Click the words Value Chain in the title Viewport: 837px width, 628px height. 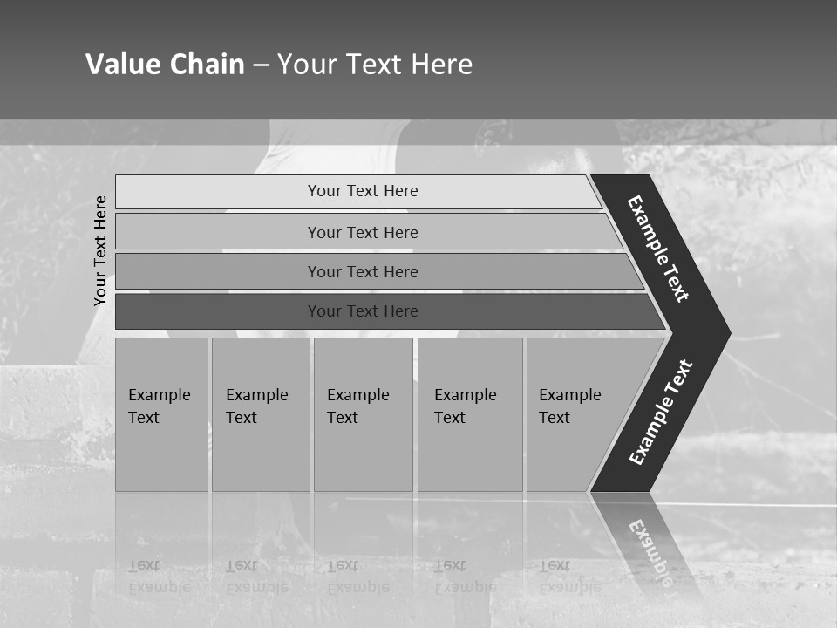point(165,65)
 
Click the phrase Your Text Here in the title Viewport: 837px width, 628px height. point(375,65)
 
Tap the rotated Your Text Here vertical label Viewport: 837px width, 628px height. point(101,250)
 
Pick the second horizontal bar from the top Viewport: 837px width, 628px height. point(362,232)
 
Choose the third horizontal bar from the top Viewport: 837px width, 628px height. point(362,271)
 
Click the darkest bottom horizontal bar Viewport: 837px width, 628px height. point(362,311)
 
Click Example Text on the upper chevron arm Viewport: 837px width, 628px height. point(658,249)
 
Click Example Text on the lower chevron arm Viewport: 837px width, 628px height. point(661,412)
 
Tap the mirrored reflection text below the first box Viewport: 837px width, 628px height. point(160,576)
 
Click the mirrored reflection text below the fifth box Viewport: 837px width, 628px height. point(569,576)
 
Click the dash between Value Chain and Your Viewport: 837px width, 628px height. point(261,65)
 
